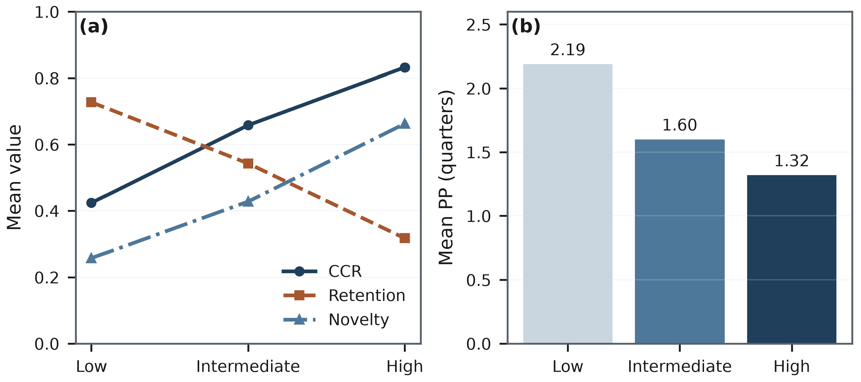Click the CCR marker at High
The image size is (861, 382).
tap(404, 67)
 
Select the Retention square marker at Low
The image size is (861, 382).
tap(91, 102)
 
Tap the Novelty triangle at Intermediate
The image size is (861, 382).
tap(248, 201)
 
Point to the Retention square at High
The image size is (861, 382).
tap(404, 238)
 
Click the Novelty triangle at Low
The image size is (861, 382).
tap(91, 258)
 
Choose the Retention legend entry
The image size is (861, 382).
tap(344, 296)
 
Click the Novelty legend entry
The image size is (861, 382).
tap(336, 320)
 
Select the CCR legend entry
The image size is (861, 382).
tap(322, 271)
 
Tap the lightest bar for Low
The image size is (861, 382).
tap(567, 204)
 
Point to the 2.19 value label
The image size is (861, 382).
tap(567, 50)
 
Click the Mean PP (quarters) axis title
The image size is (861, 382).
tap(446, 177)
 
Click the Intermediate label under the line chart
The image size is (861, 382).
tap(248, 366)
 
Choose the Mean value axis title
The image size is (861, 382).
tap(14, 177)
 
